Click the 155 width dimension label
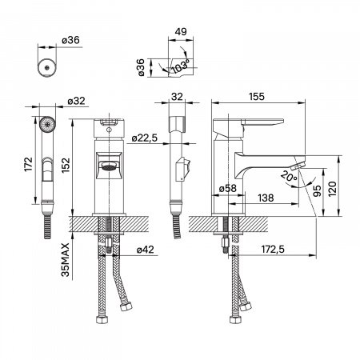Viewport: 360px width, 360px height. point(257,96)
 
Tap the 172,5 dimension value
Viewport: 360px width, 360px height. point(273,250)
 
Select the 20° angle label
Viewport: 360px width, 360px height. point(288,176)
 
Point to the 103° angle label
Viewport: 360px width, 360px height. point(181,66)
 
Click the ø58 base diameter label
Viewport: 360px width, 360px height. point(228,188)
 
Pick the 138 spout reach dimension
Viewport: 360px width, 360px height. point(266,198)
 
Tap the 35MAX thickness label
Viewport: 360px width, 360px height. point(66,259)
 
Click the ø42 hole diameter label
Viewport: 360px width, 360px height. point(146,250)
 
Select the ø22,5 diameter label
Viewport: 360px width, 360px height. point(145,138)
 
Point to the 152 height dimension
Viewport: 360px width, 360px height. point(66,166)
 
